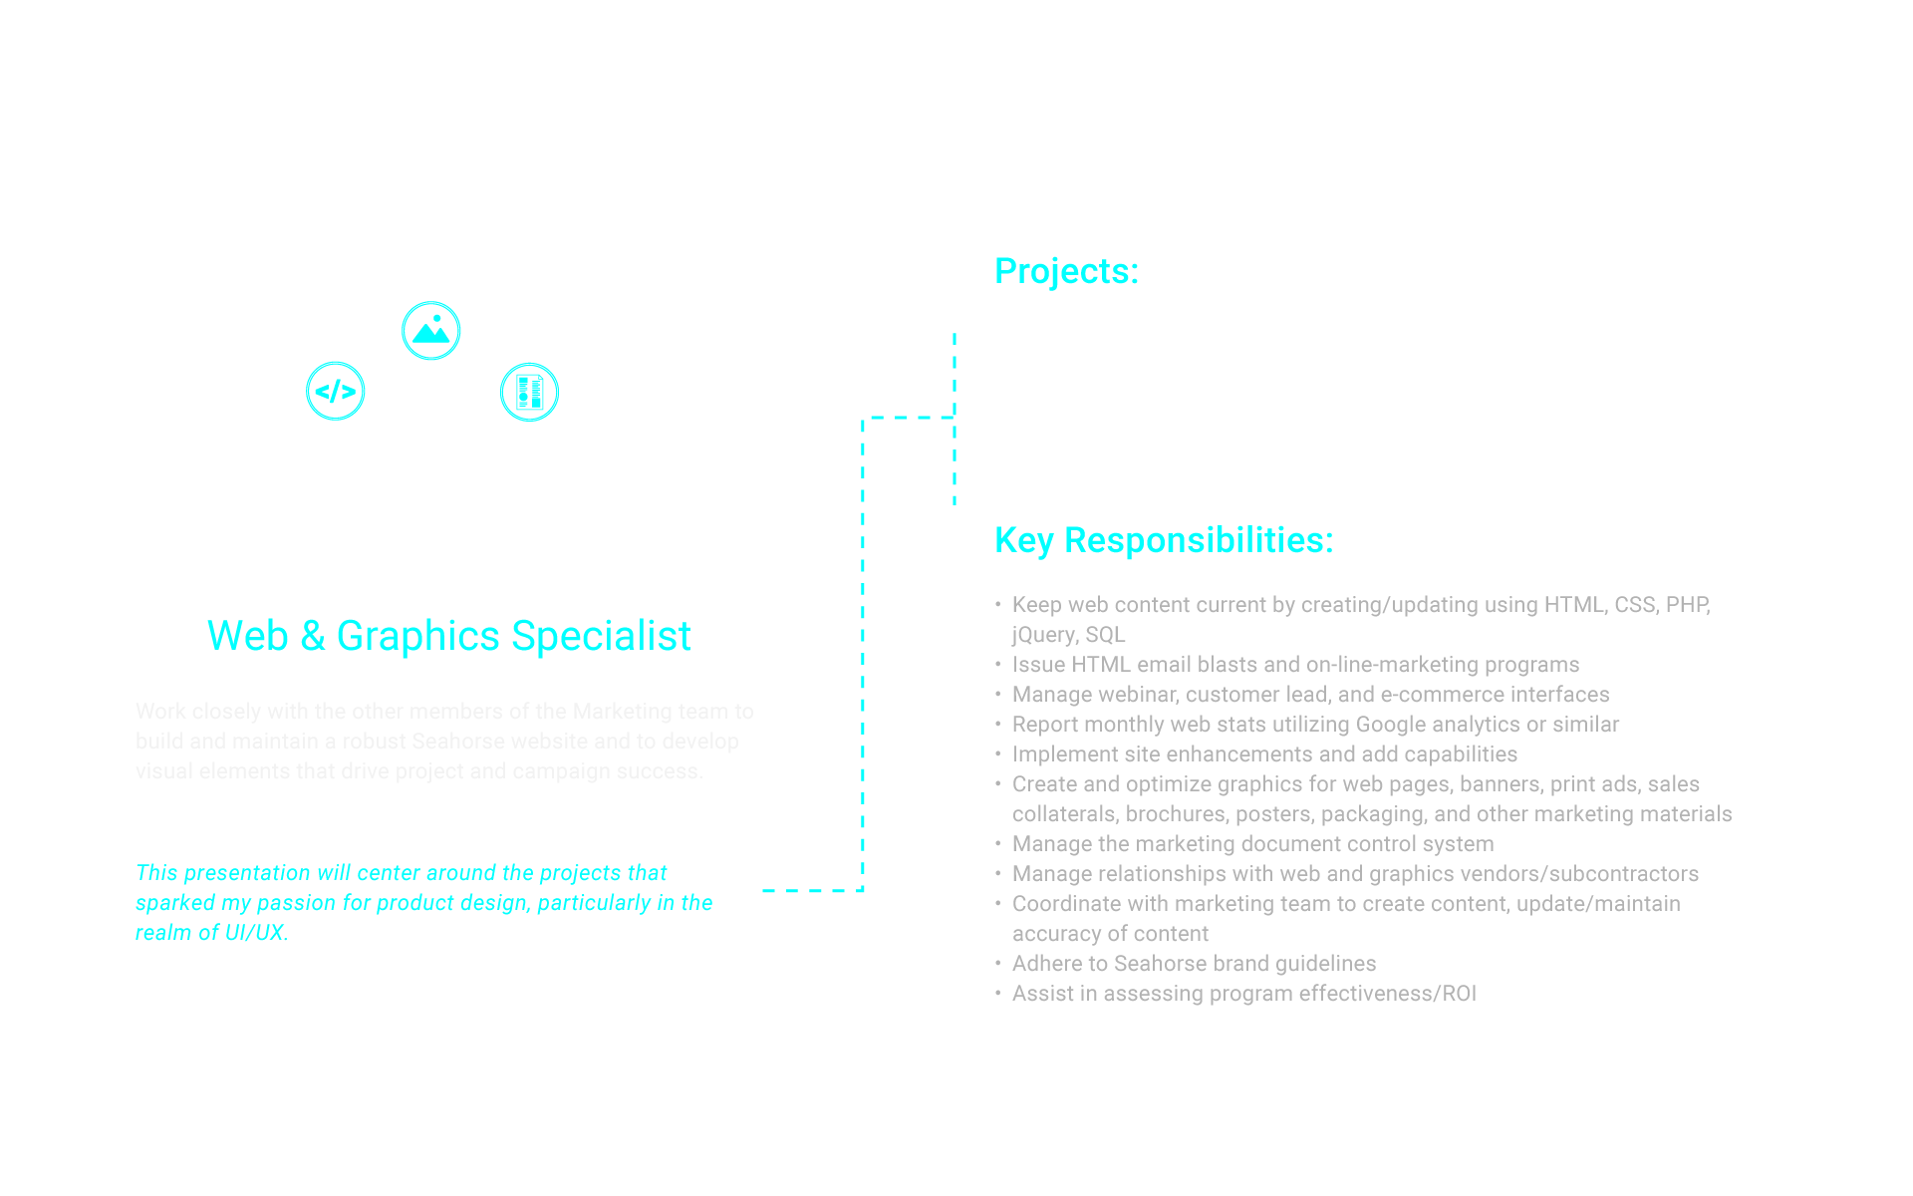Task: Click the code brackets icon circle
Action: [336, 391]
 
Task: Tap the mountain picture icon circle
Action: [431, 330]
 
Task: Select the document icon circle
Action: [529, 392]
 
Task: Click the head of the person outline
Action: [431, 436]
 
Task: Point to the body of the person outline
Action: [431, 524]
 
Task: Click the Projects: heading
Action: [1066, 271]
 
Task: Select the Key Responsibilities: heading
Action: [1164, 540]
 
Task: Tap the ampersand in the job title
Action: [313, 636]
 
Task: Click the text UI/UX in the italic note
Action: [255, 933]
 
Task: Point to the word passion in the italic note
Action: [296, 903]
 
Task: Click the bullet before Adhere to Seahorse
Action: [997, 964]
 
